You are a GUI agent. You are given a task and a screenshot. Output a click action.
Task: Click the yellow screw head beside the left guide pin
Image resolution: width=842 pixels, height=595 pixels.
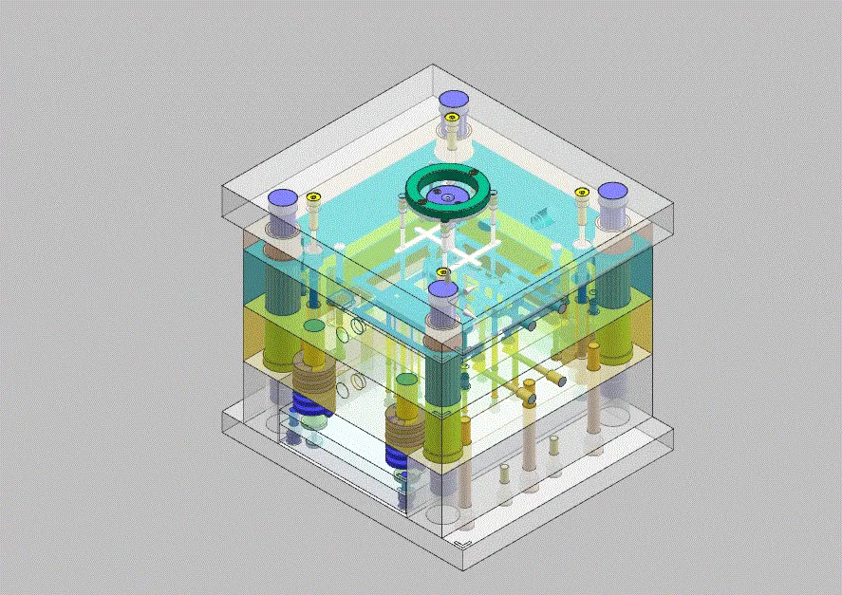pyautogui.click(x=312, y=197)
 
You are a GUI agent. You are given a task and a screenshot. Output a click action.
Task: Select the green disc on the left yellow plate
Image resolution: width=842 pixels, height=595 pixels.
pyautogui.click(x=312, y=325)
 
